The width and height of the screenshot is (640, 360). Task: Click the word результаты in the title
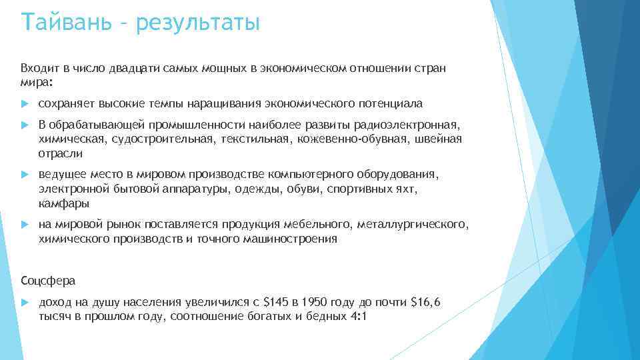pos(197,23)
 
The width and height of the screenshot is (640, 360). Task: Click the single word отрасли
pos(61,153)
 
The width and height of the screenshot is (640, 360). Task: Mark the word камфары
pos(64,203)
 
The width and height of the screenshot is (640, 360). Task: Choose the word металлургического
pos(413,224)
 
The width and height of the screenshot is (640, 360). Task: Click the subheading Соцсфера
pos(48,279)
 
